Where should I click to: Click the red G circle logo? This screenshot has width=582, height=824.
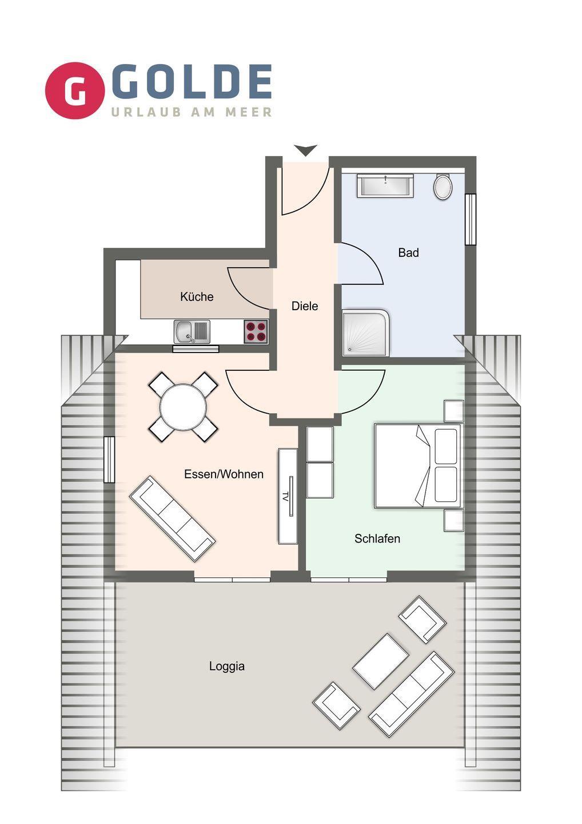click(x=75, y=90)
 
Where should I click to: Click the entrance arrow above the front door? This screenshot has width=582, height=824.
click(x=305, y=150)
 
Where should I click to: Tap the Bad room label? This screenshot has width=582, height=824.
click(x=408, y=253)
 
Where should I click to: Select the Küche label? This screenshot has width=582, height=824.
click(x=197, y=296)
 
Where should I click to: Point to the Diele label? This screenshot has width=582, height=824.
click(x=305, y=306)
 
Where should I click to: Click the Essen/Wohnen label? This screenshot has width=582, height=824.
click(x=224, y=474)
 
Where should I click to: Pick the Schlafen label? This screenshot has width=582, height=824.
click(x=377, y=538)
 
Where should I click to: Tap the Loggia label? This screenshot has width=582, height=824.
click(x=227, y=666)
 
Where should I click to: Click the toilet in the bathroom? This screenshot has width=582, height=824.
click(x=443, y=187)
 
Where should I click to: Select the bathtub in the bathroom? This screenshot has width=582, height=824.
click(x=385, y=185)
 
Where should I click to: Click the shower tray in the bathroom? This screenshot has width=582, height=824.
click(x=365, y=333)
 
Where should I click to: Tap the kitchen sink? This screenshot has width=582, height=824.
click(x=192, y=332)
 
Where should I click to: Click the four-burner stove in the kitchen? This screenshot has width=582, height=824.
click(x=256, y=331)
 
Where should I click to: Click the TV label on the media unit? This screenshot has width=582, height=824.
click(x=285, y=495)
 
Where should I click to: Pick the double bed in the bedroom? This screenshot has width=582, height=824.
click(x=418, y=466)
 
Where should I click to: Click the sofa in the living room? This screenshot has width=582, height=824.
click(x=172, y=519)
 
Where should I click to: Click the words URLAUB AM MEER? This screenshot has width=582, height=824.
click(x=192, y=112)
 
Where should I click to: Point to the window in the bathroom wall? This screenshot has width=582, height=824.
click(x=470, y=219)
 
